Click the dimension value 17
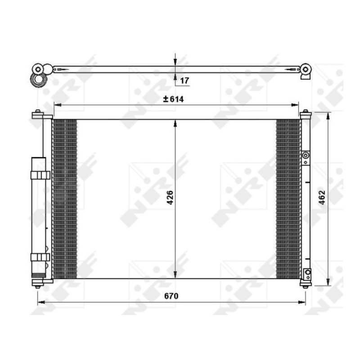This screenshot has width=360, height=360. pyautogui.click(x=184, y=81)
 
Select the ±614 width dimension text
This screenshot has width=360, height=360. pyautogui.click(x=174, y=99)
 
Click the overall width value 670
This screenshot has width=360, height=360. pyautogui.click(x=171, y=296)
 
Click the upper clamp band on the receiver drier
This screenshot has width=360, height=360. pyautogui.click(x=40, y=175)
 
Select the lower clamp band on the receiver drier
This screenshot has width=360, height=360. pyautogui.click(x=40, y=257)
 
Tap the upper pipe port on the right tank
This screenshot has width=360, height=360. pyautogui.click(x=306, y=156)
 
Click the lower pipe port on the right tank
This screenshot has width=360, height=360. pyautogui.click(x=307, y=273)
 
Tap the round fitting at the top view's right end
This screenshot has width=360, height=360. pyautogui.click(x=306, y=69)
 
